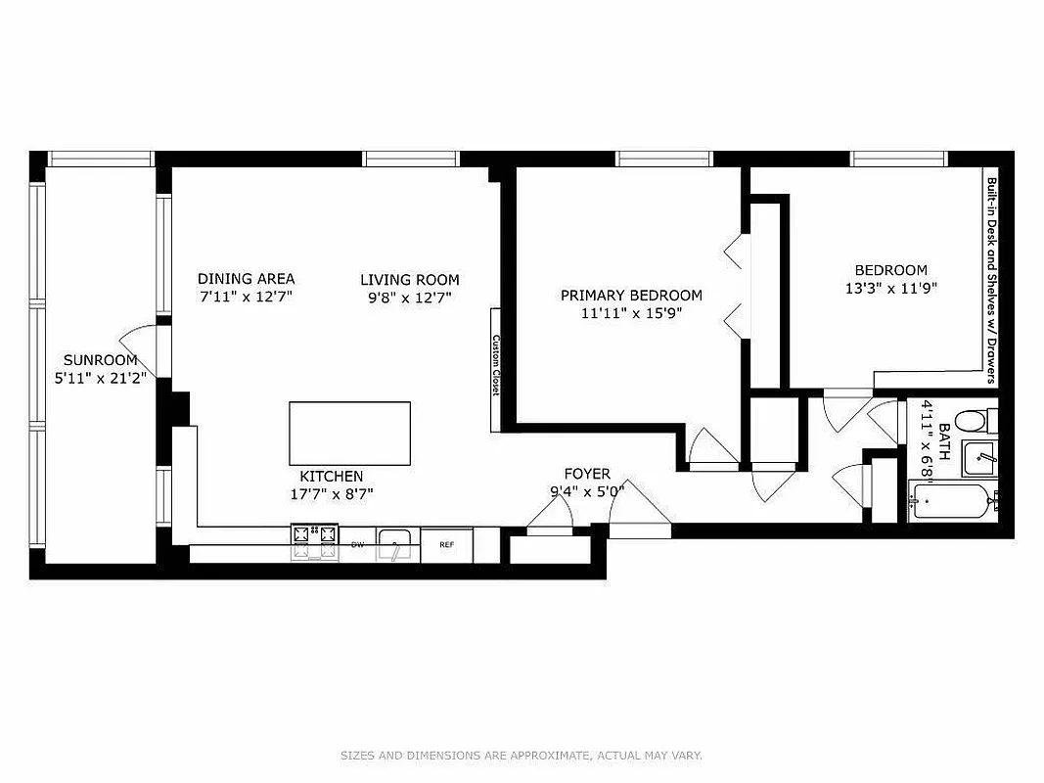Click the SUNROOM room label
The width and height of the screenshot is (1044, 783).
pyautogui.click(x=101, y=359)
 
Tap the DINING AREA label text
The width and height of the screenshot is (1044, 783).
pyautogui.click(x=246, y=279)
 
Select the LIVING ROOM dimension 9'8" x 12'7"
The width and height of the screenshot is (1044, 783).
pyautogui.click(x=409, y=297)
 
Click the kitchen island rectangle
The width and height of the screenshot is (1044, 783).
pyautogui.click(x=350, y=434)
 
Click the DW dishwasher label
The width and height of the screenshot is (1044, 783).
pyautogui.click(x=358, y=544)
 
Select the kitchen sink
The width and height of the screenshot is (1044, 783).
pyautogui.click(x=395, y=544)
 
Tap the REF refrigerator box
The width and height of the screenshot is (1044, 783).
pyautogui.click(x=446, y=544)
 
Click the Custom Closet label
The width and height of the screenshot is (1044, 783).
pyautogui.click(x=496, y=365)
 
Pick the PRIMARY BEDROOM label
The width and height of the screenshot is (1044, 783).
pyautogui.click(x=631, y=296)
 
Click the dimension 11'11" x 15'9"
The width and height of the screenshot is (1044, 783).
pyautogui.click(x=631, y=313)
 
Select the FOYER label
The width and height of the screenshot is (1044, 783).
pyautogui.click(x=587, y=475)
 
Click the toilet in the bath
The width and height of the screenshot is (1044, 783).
pyautogui.click(x=972, y=422)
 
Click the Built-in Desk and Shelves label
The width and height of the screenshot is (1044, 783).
pyautogui.click(x=991, y=279)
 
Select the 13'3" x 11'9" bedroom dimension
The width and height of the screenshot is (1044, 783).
pyautogui.click(x=890, y=289)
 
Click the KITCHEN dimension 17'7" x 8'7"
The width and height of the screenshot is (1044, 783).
pyautogui.click(x=332, y=494)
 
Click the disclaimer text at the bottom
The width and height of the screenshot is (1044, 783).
pyautogui.click(x=521, y=756)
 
